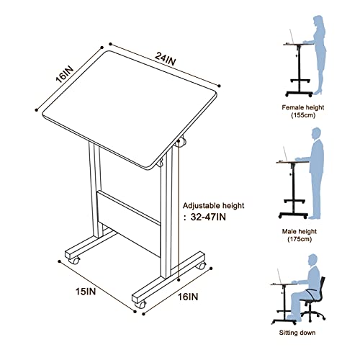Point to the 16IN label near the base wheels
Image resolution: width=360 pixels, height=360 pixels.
click(189, 296)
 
